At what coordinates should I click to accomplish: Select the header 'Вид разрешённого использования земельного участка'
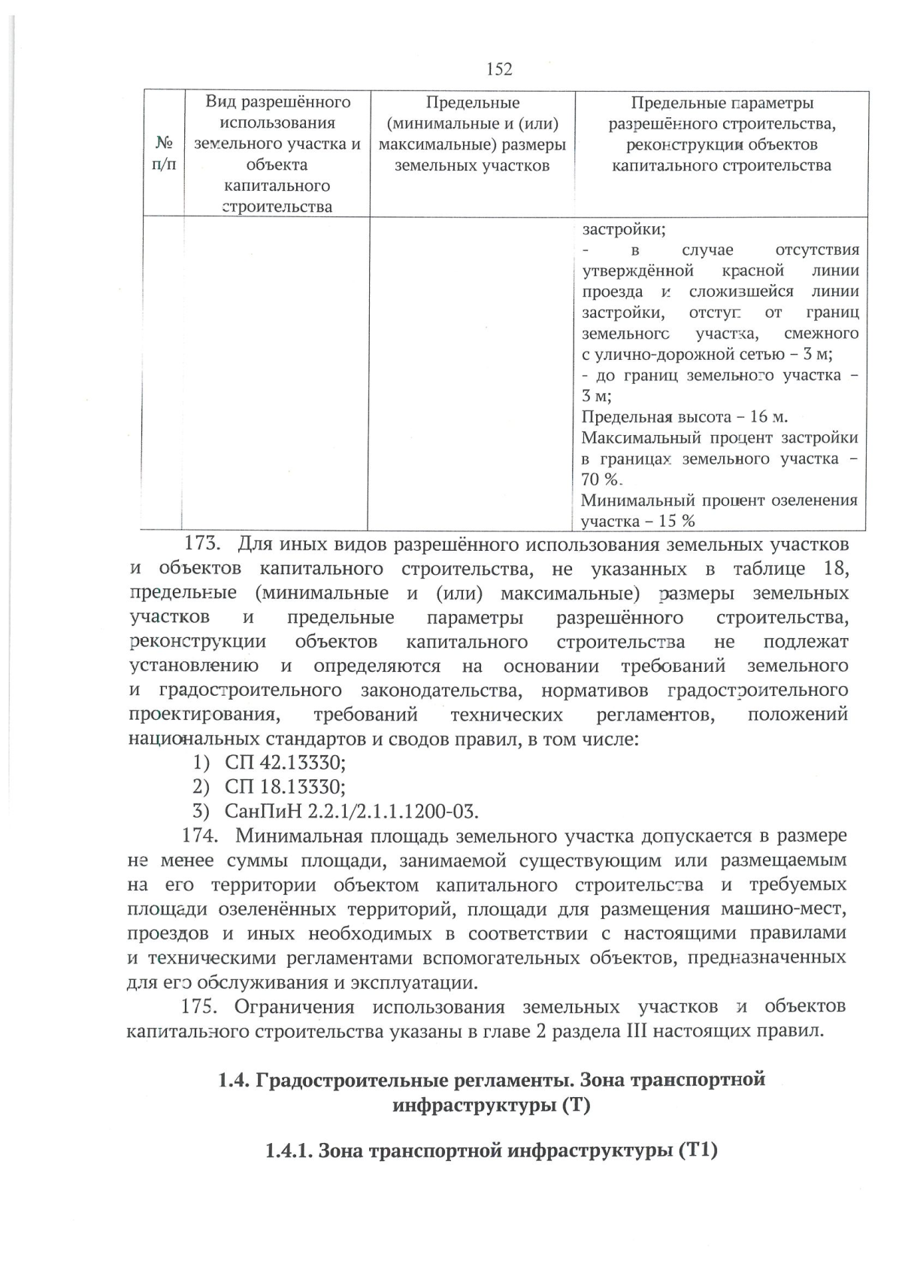point(277,154)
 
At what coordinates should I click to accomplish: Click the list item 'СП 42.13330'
point(285,763)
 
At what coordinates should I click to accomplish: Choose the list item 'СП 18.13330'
point(285,787)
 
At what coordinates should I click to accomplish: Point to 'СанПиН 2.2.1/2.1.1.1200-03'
point(352,812)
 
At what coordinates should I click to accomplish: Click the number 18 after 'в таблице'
point(836,568)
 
